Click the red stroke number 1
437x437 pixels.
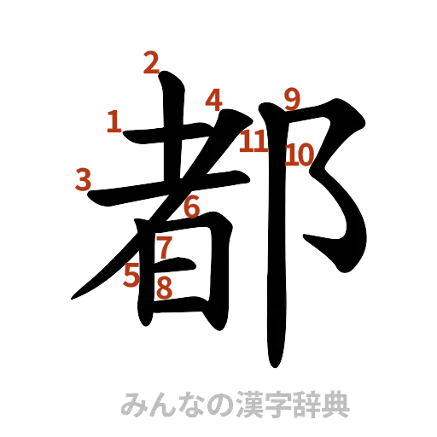click(x=113, y=124)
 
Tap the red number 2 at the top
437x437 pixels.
click(x=152, y=62)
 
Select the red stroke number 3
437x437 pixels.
click(x=84, y=179)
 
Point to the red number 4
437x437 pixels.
click(x=213, y=99)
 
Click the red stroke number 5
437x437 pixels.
click(x=131, y=275)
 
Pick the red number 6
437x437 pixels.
click(x=191, y=206)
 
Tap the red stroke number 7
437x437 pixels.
click(x=165, y=247)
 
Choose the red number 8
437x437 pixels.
click(x=164, y=288)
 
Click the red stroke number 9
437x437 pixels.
click(x=292, y=99)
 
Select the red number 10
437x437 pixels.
click(x=300, y=154)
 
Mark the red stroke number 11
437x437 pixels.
click(x=253, y=142)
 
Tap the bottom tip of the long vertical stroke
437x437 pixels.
click(x=276, y=364)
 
